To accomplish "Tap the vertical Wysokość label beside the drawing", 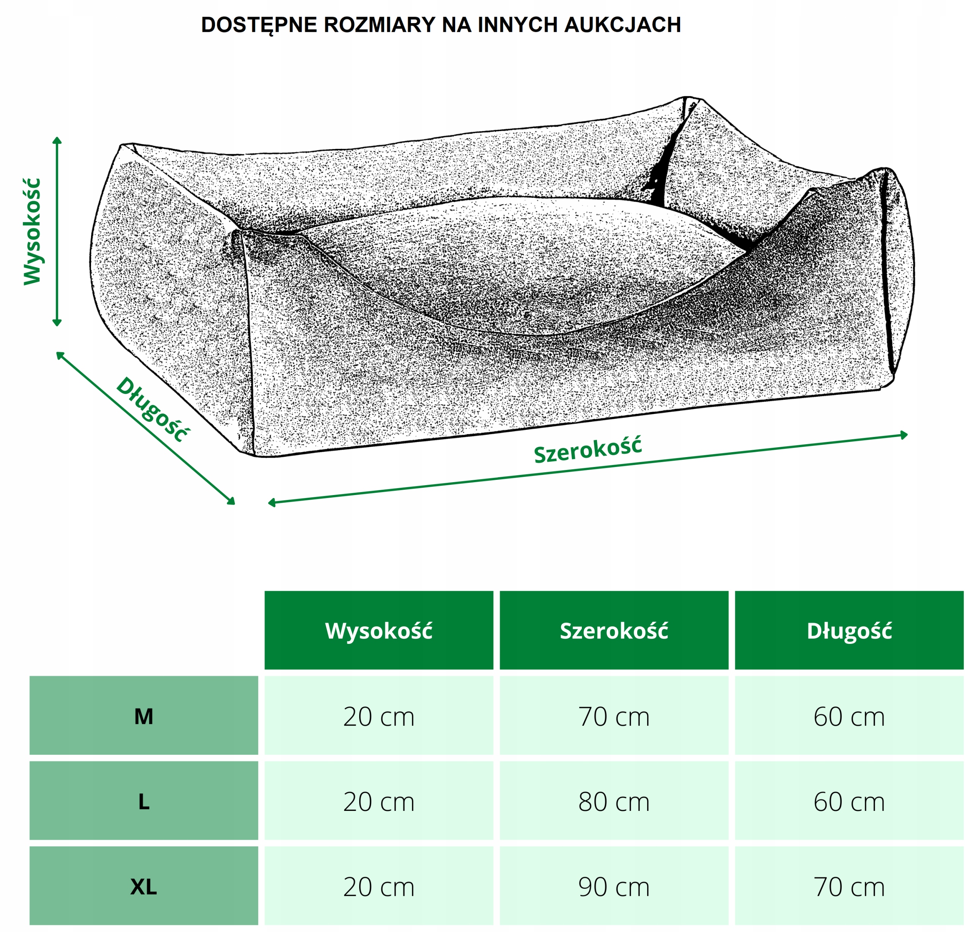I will tap(33, 232).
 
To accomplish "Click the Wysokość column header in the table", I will tap(379, 631).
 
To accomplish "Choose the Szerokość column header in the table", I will tap(614, 631).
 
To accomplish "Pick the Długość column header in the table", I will tap(849, 631).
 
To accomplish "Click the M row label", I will tap(144, 716).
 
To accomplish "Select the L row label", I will tap(144, 802).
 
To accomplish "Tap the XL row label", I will tap(144, 887).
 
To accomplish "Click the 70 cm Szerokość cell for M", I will tap(614, 716).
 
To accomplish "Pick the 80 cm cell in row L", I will tap(614, 802).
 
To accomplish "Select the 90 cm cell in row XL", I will tap(614, 887).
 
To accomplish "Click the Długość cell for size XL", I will tap(849, 887).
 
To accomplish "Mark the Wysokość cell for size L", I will tap(379, 802).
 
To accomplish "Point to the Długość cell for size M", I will tap(849, 716).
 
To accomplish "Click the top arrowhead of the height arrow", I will tap(57, 140).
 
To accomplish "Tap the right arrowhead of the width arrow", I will tap(905, 435).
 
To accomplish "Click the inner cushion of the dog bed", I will tap(520, 263).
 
